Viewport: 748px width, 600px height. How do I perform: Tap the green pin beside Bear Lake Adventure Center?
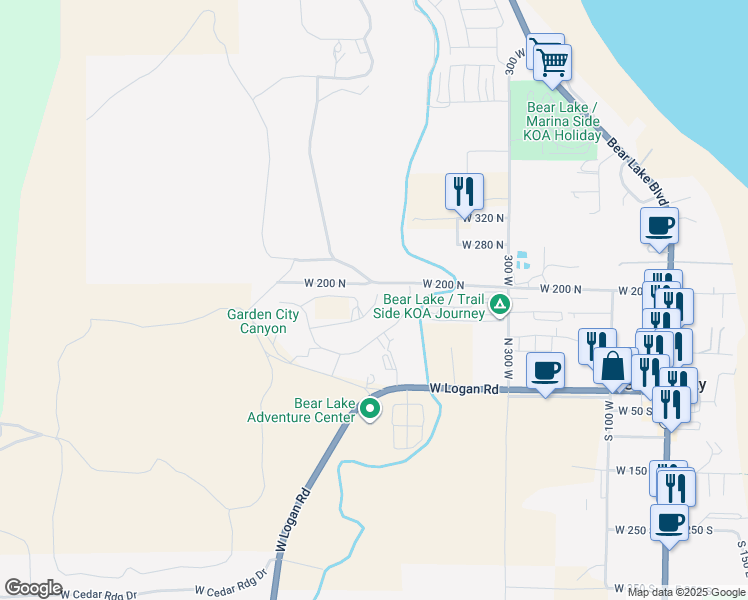[370, 408]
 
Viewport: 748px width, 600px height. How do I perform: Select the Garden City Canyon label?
[263, 321]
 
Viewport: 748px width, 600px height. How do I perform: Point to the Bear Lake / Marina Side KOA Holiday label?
[562, 121]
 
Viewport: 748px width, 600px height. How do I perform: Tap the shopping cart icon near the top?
[552, 62]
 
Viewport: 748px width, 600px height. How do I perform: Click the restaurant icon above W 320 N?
[464, 190]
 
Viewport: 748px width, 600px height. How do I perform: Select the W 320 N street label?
[483, 218]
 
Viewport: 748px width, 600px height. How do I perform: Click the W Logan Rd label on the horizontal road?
[464, 388]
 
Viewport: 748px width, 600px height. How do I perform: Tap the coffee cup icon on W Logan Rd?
[545, 371]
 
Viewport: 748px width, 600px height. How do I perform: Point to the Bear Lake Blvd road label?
[636, 166]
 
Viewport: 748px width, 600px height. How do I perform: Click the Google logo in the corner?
[34, 588]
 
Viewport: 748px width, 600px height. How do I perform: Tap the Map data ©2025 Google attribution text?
[686, 592]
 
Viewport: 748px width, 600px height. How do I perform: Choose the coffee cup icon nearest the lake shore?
[659, 225]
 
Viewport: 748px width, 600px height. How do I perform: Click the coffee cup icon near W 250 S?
[669, 521]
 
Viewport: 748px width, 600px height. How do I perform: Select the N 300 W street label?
[507, 355]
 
